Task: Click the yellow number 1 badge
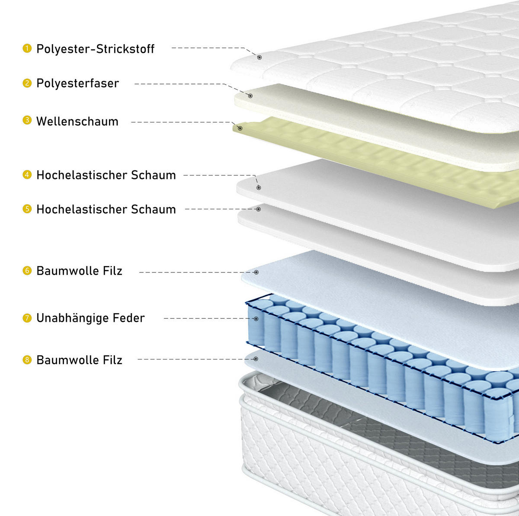27,48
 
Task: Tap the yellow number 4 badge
27,175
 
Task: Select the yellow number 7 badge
27,318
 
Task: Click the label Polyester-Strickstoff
95,49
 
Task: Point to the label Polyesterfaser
77,83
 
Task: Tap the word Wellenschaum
77,122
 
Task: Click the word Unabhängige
72,318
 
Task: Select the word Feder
129,318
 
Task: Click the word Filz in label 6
112,271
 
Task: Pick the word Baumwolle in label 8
67,360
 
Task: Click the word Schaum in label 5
153,209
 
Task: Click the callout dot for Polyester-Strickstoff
259,58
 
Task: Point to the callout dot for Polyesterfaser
250,96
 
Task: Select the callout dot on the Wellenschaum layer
240,128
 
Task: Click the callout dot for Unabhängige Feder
256,319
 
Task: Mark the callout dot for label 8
256,359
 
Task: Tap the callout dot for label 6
256,272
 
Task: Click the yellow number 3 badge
27,120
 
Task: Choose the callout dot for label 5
258,209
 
